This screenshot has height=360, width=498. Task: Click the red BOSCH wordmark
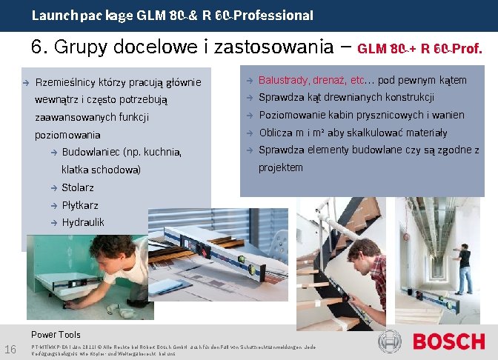coord(448,342)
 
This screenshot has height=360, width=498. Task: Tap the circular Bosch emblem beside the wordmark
coord(390,341)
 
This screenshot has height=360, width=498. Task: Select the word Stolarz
coord(78,187)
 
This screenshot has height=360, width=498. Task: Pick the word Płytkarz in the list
coord(80,205)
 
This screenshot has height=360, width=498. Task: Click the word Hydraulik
coord(83,222)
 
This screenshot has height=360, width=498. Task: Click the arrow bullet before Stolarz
coord(53,188)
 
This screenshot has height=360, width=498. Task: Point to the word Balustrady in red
coord(282,80)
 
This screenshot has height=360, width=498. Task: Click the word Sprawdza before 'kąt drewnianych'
coord(280,98)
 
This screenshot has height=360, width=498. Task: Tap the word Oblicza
coord(276,133)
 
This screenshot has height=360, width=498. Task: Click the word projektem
coord(281,167)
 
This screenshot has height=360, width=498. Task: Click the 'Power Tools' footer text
coord(56,334)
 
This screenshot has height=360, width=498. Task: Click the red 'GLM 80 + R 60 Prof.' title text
coord(420,50)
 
